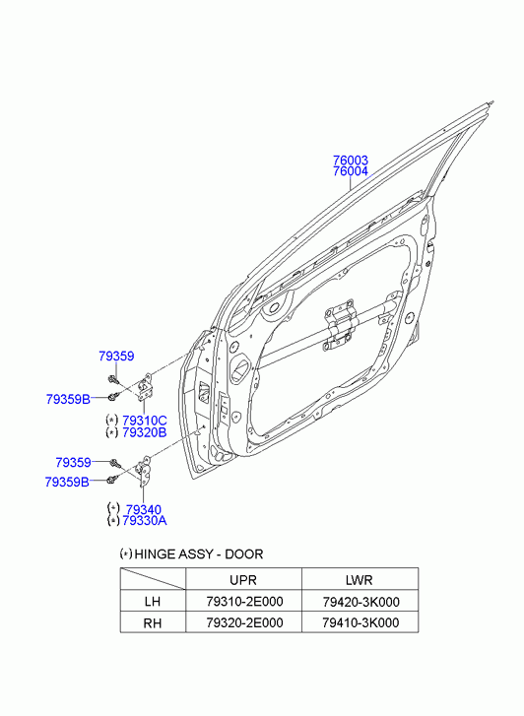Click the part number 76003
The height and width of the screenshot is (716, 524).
click(x=350, y=161)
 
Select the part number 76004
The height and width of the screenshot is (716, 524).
click(x=350, y=171)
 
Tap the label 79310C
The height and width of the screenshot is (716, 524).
click(x=145, y=421)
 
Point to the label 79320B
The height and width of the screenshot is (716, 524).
click(x=145, y=432)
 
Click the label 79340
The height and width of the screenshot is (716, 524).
click(x=144, y=509)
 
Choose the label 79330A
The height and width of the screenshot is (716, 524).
click(x=145, y=521)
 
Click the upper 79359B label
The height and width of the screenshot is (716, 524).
click(x=68, y=400)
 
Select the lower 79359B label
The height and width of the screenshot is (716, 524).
click(x=67, y=482)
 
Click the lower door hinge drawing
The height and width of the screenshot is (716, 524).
click(x=145, y=470)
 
